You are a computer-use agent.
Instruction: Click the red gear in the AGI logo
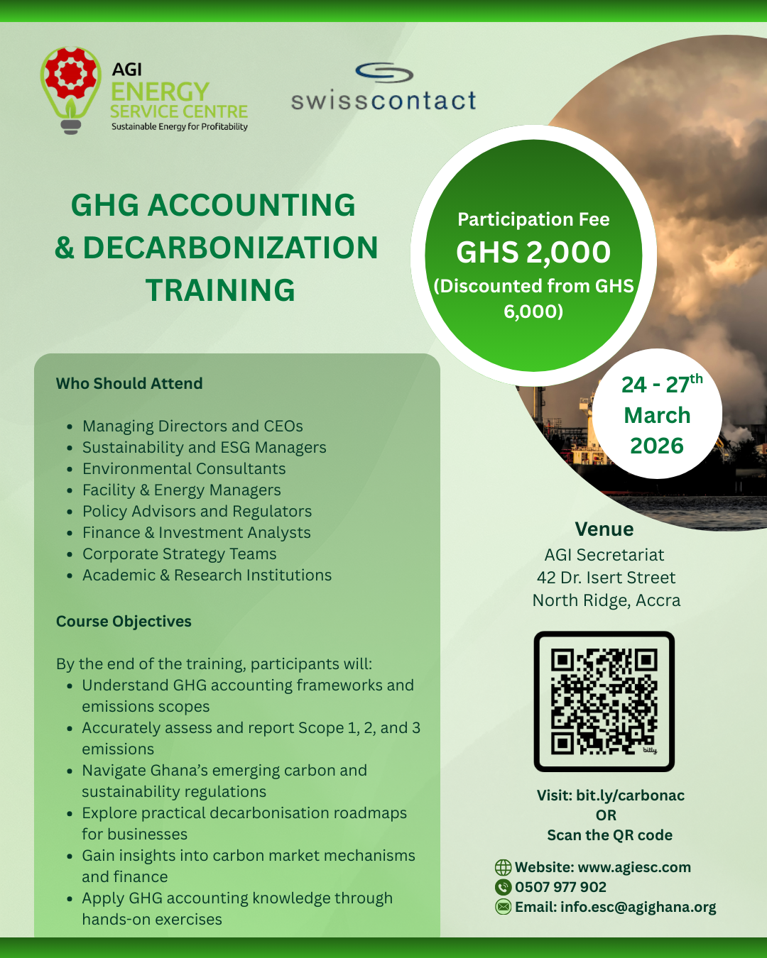click(70, 74)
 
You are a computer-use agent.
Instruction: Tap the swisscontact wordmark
click(383, 101)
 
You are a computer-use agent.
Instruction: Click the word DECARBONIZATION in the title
click(230, 248)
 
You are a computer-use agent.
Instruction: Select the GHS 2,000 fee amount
click(533, 253)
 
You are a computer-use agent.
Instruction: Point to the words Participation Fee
click(533, 219)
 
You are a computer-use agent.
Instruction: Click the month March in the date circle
click(657, 415)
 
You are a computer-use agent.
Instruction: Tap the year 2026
click(657, 446)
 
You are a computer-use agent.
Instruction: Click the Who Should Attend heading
click(129, 383)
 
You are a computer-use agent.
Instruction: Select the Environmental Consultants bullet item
click(184, 469)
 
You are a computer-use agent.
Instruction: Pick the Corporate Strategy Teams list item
click(179, 554)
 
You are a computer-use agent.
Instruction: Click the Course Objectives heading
click(124, 621)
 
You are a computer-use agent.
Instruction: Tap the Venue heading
click(604, 529)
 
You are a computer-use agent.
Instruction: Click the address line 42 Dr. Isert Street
click(606, 578)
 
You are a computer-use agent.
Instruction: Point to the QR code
click(604, 701)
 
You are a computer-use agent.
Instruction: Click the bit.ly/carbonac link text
click(630, 795)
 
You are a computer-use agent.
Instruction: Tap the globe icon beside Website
click(503, 867)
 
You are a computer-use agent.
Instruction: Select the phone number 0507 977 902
click(560, 887)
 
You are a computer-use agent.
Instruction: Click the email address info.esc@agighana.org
click(638, 907)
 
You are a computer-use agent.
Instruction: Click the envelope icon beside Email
click(503, 907)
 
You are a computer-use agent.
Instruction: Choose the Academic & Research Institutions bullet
click(207, 576)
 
